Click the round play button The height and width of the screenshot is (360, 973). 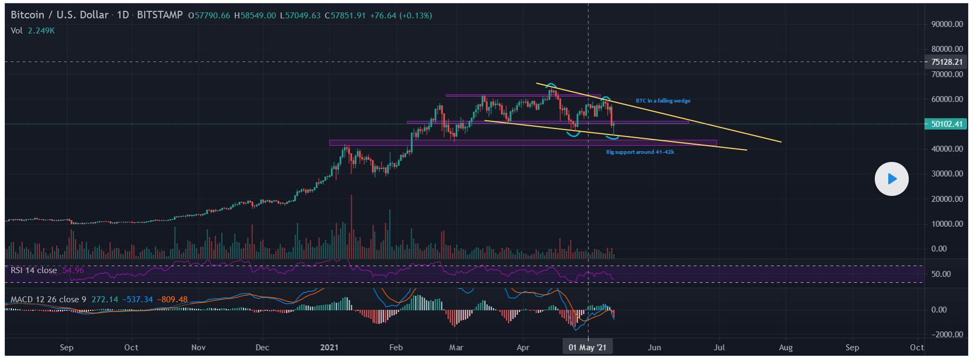point(892,179)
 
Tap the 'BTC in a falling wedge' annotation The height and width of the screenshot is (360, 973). point(663,101)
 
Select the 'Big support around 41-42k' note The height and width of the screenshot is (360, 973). point(639,152)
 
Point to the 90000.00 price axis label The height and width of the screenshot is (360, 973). point(947,24)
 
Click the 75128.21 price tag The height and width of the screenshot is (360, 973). point(947,62)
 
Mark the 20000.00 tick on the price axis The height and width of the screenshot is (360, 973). point(947,199)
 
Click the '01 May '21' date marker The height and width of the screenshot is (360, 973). point(587,348)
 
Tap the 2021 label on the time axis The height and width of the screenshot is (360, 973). point(329,348)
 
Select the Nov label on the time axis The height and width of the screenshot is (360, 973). point(198,348)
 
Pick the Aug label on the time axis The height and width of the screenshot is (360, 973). point(785,348)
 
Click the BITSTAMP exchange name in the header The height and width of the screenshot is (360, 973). point(160,15)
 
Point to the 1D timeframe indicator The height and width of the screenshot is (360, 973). point(123,15)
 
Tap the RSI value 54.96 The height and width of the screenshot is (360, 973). point(73,270)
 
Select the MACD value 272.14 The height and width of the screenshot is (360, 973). point(105,300)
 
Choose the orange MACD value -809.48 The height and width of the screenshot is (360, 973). point(173,300)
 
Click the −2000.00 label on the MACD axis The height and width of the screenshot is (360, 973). point(947,335)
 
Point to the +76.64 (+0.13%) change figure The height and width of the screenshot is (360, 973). point(400,16)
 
